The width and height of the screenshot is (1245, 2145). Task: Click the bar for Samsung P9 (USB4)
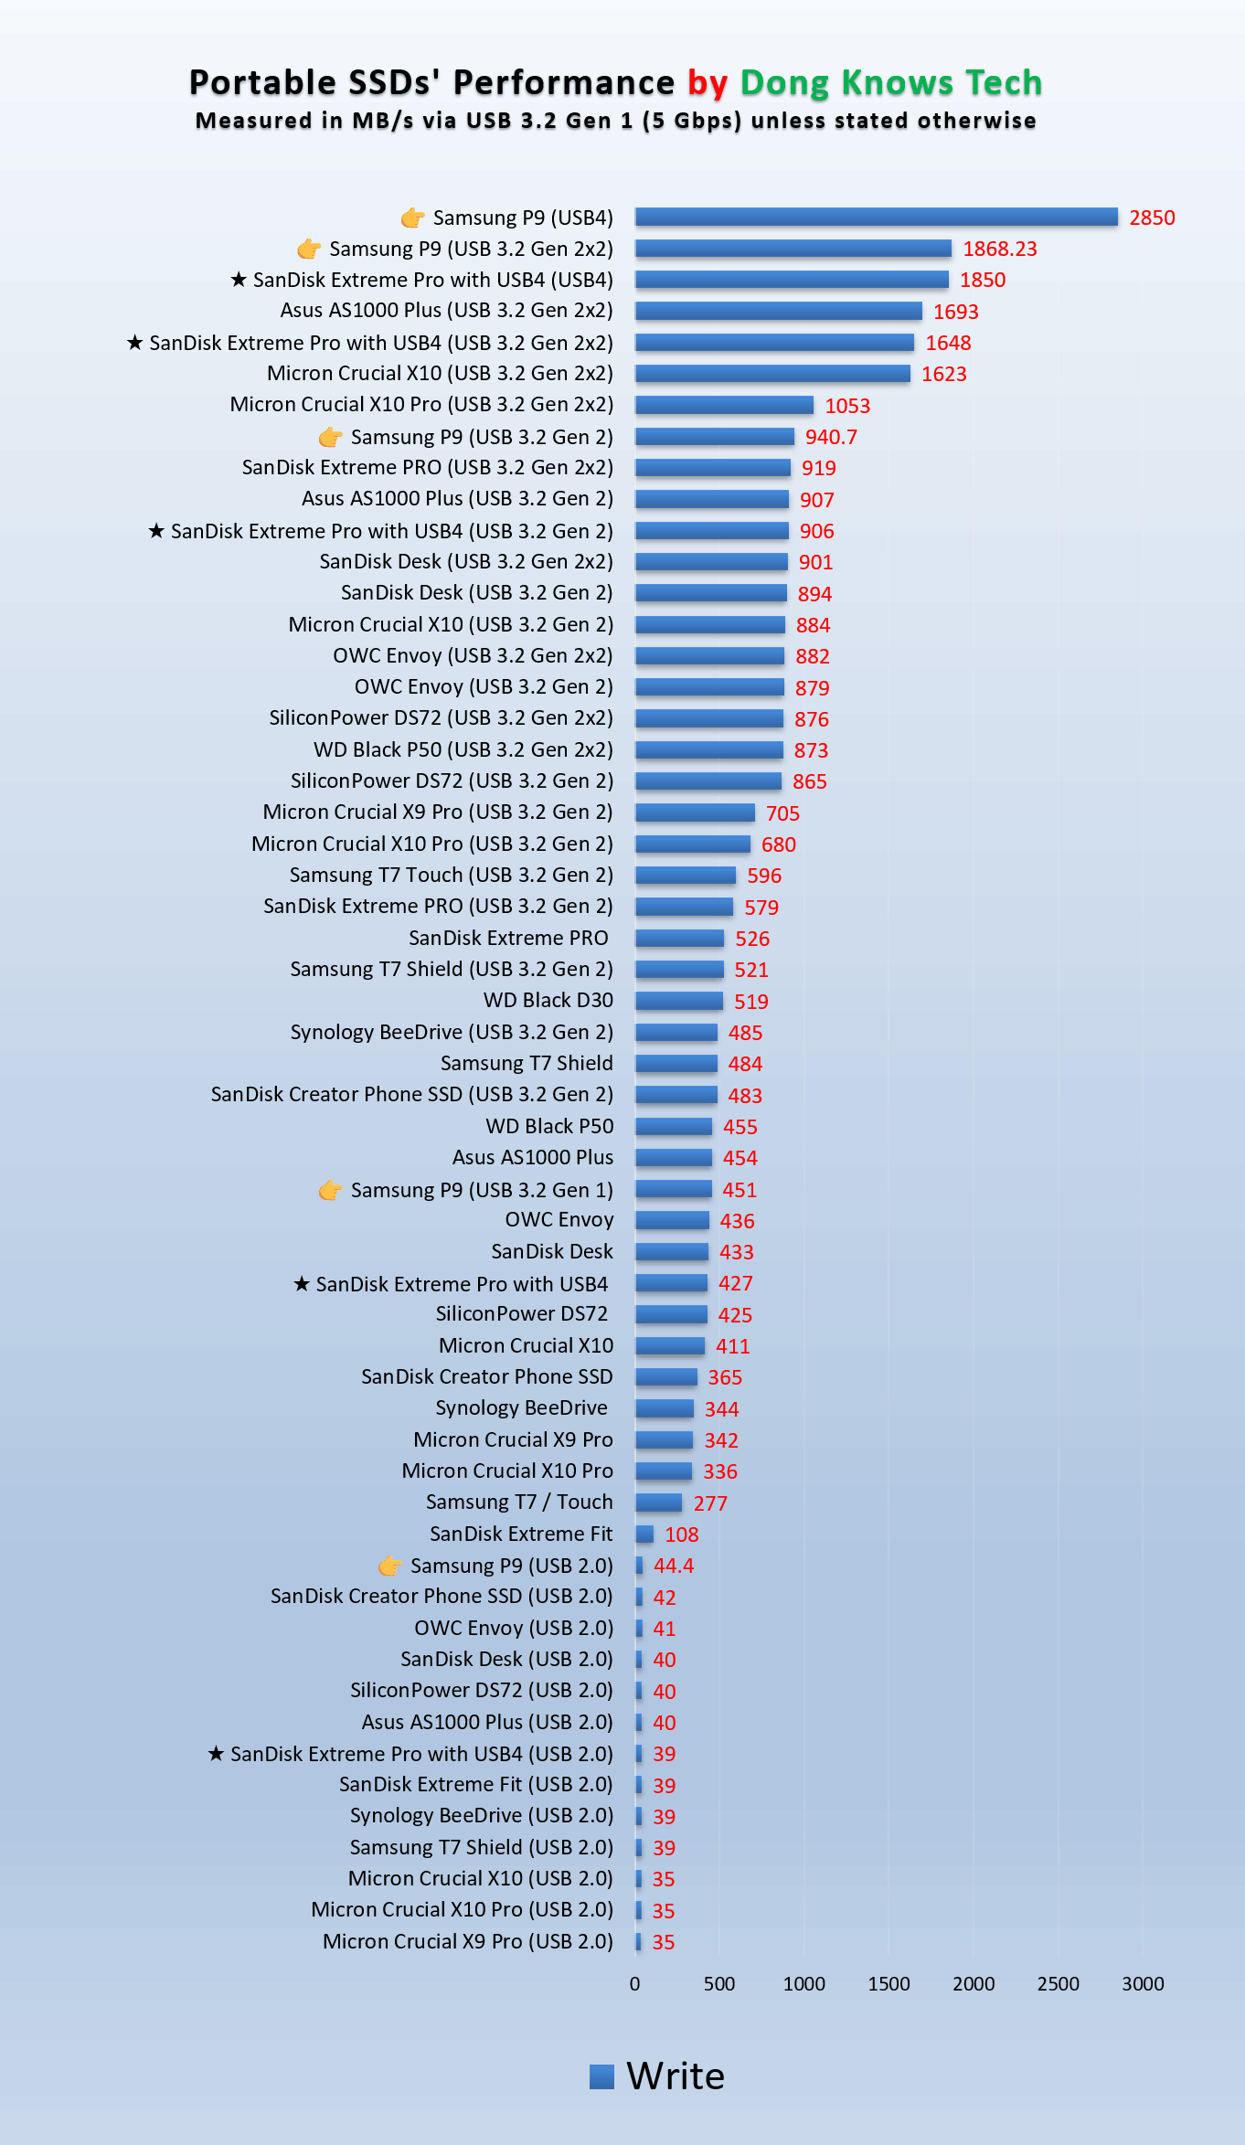[x=877, y=217]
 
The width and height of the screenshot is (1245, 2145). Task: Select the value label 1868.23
[x=1000, y=249]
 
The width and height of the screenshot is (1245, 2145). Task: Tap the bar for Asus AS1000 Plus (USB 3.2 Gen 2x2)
[x=779, y=311]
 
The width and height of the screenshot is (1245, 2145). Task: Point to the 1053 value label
[x=847, y=406]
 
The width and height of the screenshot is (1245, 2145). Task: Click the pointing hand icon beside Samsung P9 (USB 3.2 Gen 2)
[x=331, y=437]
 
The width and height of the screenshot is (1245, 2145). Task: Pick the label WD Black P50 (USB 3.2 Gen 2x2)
[x=463, y=749]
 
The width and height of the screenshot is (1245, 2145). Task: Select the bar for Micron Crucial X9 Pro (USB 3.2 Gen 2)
[x=695, y=812]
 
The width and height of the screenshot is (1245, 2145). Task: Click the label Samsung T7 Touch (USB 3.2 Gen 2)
[x=452, y=875]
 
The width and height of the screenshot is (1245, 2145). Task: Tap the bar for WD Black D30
[x=679, y=1001]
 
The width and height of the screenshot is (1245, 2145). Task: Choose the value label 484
[x=745, y=1064]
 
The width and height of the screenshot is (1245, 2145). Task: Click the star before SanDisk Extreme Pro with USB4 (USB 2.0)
[x=216, y=1753]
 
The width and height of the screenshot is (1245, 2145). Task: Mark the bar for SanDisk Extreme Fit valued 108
[x=644, y=1534]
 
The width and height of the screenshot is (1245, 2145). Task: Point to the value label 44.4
[x=674, y=1566]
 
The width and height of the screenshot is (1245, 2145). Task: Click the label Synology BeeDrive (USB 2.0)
[x=482, y=1815]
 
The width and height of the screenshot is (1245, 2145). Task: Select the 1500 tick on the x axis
[x=889, y=1983]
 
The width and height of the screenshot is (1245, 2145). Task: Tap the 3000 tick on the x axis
[x=1143, y=1983]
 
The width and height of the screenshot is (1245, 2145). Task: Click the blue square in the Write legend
[x=601, y=2076]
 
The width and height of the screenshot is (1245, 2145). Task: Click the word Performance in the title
[x=564, y=82]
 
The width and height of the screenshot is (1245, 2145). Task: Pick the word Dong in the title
[x=784, y=83]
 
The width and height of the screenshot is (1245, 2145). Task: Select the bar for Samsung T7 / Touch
[x=658, y=1503]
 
